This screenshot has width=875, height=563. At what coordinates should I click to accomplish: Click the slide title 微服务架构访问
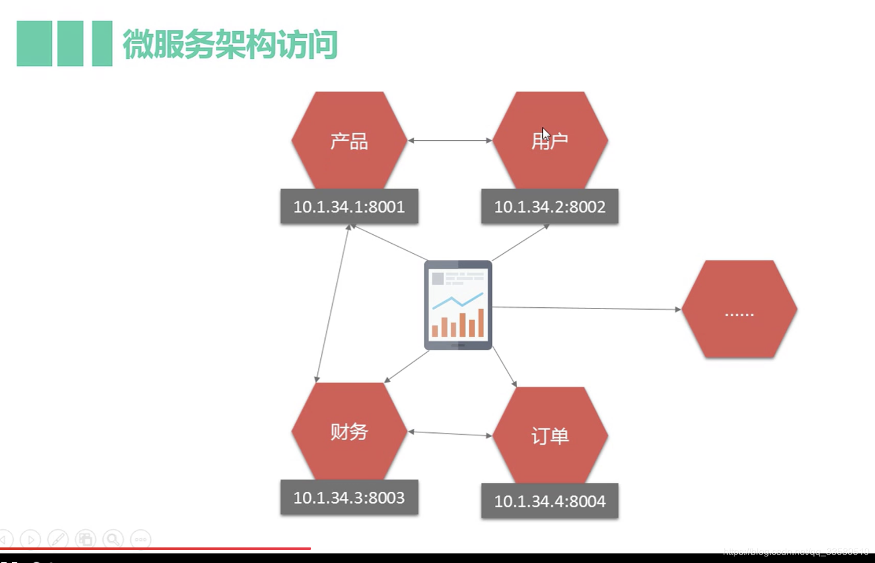tap(230, 44)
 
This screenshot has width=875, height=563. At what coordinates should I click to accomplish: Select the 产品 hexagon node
tap(349, 141)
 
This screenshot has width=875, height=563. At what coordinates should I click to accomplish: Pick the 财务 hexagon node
tap(349, 431)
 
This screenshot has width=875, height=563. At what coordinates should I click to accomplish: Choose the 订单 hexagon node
tap(550, 435)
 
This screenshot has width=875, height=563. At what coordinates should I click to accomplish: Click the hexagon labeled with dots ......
tap(739, 310)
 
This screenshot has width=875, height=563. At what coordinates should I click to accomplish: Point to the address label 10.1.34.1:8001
tap(349, 207)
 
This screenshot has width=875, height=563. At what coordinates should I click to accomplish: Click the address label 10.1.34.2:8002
tap(549, 207)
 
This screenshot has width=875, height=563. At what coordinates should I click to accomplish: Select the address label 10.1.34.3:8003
tap(349, 498)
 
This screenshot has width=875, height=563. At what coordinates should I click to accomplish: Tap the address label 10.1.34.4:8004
tap(549, 501)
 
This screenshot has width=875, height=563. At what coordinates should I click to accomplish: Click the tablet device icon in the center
tap(458, 305)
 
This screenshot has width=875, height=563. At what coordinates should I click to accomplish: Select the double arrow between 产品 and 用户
tap(449, 140)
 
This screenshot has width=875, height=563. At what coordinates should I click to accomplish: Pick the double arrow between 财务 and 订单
tap(449, 433)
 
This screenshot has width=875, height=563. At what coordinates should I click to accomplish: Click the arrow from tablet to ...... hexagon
tap(587, 308)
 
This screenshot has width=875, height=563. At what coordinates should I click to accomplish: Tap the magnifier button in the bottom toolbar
tap(113, 539)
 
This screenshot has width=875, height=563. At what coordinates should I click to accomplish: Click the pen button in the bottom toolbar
tap(57, 539)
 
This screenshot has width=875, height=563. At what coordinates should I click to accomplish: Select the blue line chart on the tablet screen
tap(458, 301)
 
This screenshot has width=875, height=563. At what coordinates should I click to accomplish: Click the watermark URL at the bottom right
tap(796, 552)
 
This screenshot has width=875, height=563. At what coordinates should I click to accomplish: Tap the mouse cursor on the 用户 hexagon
tap(545, 134)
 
